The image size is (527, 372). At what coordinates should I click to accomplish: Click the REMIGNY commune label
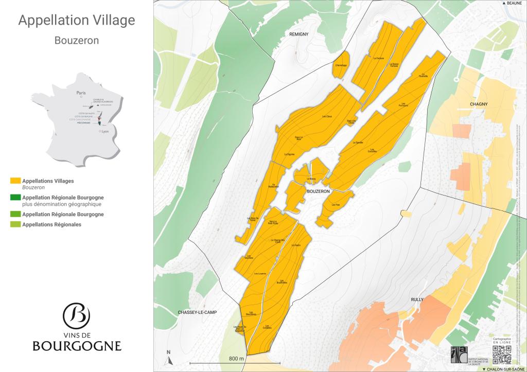[298, 33]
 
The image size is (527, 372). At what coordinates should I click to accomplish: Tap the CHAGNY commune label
[478, 104]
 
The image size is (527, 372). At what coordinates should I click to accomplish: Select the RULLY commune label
[416, 299]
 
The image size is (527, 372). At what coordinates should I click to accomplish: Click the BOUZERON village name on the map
[317, 191]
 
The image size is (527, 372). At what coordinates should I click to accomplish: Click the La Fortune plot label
[379, 58]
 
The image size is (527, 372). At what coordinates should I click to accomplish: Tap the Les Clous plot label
[327, 116]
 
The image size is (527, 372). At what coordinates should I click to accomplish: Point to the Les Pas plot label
[336, 205]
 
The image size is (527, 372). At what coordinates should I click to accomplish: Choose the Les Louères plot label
[259, 274]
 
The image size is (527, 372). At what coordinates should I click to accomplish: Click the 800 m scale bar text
[236, 358]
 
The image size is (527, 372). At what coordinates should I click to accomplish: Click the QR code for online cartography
[502, 355]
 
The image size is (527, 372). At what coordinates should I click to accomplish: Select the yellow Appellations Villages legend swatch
[15, 181]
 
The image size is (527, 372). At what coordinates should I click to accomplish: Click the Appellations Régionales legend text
[51, 224]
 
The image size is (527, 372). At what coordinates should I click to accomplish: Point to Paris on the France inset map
[80, 94]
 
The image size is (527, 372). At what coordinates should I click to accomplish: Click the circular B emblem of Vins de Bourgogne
[76, 314]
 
